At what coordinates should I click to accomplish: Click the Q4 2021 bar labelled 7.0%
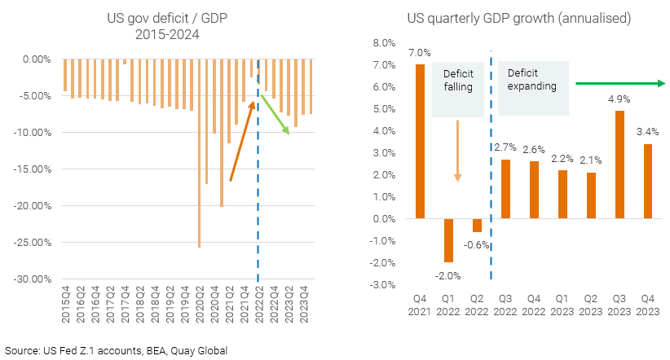tap(420, 142)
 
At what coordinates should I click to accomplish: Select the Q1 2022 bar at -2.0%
tap(447, 239)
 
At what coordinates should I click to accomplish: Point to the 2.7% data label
tap(505, 147)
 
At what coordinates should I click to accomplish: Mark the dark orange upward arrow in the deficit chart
tap(241, 139)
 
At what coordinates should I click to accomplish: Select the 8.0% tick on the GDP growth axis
tap(383, 42)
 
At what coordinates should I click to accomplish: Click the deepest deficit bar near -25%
tap(200, 153)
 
